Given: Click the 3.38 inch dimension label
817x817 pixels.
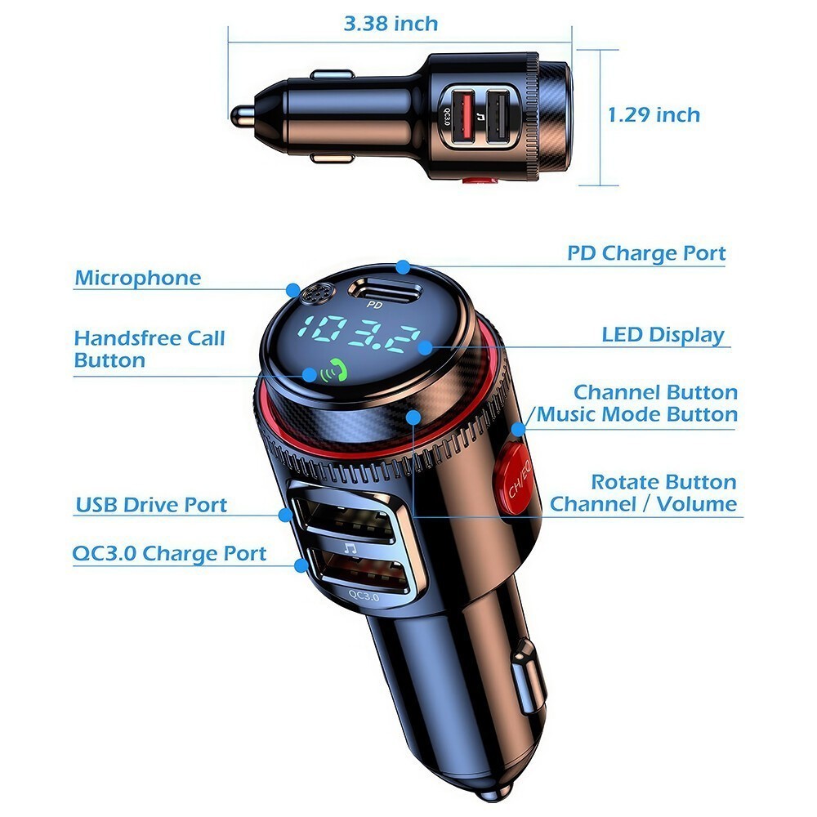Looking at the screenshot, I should point(391,24).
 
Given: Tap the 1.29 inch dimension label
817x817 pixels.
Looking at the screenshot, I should point(654,114).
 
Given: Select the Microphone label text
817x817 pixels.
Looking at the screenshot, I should point(137,278).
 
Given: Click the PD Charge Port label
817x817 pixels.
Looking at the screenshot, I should point(646,253).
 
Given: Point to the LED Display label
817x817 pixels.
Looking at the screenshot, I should point(663,335).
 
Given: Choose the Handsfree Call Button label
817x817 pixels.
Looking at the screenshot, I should point(149,349).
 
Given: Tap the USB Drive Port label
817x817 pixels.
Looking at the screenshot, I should point(151,505).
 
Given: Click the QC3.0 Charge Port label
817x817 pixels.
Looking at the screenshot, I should point(169,553).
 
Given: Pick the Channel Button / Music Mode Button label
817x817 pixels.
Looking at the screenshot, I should point(636,404).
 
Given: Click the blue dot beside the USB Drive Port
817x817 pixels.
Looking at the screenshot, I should point(285,515).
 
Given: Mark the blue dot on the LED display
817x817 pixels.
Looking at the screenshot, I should point(425,347).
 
